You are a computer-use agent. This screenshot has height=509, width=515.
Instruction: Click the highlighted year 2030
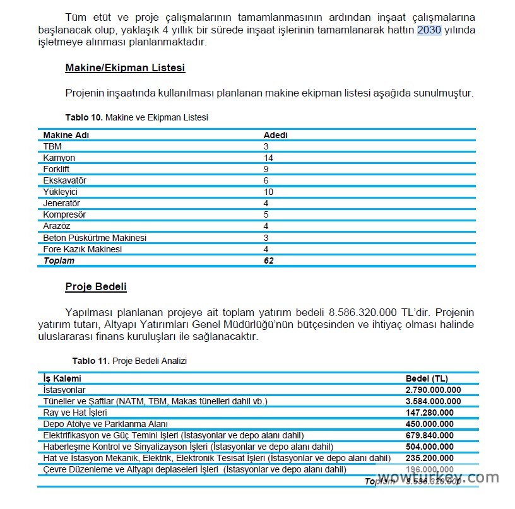(x=429, y=30)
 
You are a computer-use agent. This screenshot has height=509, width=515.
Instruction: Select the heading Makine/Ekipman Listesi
(x=125, y=67)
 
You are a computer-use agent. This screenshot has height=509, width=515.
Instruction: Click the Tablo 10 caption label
(x=84, y=117)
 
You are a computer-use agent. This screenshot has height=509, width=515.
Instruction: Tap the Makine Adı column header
(x=66, y=135)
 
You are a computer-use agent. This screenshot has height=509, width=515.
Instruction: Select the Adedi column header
(x=275, y=135)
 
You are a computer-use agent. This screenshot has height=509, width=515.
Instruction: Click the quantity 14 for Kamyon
(x=268, y=158)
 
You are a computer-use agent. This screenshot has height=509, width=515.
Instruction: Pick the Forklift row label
(x=56, y=169)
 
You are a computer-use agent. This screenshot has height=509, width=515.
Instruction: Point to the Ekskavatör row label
(x=64, y=180)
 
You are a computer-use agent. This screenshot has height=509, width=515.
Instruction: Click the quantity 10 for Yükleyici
(x=268, y=192)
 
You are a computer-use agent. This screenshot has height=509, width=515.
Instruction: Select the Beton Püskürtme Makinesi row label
(x=95, y=238)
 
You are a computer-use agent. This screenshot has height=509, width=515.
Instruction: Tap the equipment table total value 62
(x=268, y=260)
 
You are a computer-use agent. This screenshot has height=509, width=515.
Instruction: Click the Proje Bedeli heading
(x=96, y=287)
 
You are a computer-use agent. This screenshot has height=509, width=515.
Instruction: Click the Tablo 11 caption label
(x=91, y=361)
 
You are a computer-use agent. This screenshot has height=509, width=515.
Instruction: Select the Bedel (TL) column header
(x=427, y=378)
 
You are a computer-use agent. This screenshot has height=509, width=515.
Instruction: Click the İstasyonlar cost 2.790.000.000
(x=433, y=390)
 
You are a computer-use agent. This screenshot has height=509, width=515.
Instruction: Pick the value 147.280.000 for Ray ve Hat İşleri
(x=429, y=412)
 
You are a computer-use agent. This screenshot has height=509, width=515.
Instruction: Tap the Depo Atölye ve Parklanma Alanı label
(x=105, y=424)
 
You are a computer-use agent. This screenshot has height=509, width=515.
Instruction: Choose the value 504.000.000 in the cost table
(x=429, y=447)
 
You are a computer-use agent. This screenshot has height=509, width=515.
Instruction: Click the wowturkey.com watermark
(x=439, y=477)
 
